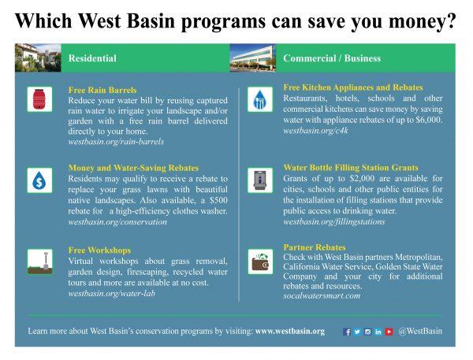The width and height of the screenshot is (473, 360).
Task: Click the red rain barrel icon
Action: (39, 99)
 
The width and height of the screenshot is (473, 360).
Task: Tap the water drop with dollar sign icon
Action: (39, 180)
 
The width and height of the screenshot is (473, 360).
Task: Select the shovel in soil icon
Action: (39, 262)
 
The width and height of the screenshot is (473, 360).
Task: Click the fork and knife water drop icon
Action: (260, 99)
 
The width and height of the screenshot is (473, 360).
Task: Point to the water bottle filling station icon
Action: (260, 180)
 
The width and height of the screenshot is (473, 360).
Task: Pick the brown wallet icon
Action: (260, 262)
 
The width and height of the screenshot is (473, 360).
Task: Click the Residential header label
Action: (92, 58)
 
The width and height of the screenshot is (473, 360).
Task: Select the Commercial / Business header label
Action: (332, 58)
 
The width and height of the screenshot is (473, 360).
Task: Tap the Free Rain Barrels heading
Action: (102, 90)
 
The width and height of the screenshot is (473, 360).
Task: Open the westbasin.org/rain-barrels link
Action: (116, 142)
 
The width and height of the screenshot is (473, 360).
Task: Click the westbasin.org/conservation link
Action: (117, 222)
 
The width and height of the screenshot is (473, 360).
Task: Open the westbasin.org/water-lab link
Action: (112, 293)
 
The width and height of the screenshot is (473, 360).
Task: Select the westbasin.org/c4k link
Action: (315, 131)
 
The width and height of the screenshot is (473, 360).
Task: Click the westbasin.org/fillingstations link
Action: (334, 222)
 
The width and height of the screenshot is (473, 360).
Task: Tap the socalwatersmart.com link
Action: (322, 295)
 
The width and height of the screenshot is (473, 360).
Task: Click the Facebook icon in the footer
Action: (347, 332)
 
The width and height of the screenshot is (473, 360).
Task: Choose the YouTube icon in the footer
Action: (389, 332)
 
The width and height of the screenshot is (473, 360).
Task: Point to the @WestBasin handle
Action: (420, 331)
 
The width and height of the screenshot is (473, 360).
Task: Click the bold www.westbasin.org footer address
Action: (290, 331)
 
